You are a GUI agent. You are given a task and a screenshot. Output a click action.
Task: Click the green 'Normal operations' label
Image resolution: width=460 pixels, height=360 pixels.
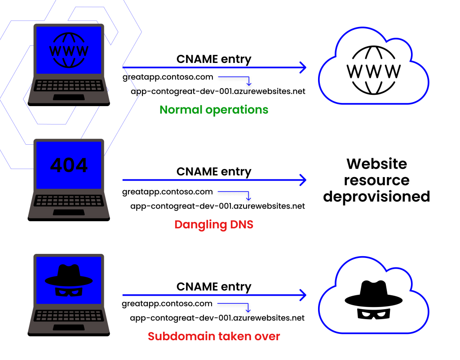click(214, 110)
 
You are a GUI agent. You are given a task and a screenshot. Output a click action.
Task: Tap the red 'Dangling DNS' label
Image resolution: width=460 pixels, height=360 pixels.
click(214, 224)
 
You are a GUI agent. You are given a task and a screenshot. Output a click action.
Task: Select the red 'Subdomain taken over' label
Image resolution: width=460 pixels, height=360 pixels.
click(214, 336)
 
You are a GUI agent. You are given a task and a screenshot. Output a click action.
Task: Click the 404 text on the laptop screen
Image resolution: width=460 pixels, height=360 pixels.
click(69, 165)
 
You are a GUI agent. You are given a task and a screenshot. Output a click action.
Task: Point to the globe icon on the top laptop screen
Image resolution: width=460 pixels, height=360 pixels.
click(69, 49)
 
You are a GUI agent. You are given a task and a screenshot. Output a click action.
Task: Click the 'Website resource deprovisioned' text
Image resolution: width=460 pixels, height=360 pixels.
click(376, 180)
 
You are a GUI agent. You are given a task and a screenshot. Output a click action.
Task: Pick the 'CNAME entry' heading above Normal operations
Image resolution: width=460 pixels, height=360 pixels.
click(214, 59)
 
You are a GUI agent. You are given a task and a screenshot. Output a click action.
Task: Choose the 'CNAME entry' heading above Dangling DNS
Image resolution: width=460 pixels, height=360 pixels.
click(214, 172)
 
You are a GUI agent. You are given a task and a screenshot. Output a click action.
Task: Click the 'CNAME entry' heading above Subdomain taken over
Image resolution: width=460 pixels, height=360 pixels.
click(214, 287)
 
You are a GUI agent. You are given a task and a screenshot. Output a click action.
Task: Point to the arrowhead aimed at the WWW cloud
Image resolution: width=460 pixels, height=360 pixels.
click(302, 68)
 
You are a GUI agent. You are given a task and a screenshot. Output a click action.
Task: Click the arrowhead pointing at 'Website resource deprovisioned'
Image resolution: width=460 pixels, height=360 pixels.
click(302, 180)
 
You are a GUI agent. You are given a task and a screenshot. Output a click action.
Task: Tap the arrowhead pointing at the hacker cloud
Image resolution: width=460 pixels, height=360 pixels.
click(302, 295)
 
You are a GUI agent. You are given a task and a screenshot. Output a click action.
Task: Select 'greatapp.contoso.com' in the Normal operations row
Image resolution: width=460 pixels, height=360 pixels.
click(168, 77)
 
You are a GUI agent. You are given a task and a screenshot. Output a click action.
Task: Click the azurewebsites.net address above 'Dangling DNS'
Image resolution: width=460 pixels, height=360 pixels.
click(217, 206)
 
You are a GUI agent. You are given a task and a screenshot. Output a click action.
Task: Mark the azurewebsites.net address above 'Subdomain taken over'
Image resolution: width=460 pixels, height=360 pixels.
click(217, 318)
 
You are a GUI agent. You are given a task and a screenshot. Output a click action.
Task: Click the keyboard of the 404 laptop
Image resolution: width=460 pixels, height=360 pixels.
click(69, 200)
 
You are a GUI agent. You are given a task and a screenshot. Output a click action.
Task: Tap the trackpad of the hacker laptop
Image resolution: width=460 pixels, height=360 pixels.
click(69, 327)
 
